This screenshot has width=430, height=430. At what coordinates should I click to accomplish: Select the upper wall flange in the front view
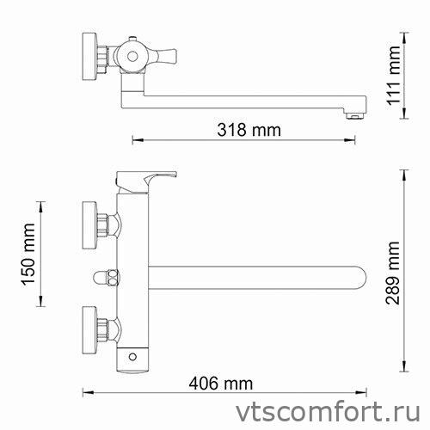click(x=88, y=220)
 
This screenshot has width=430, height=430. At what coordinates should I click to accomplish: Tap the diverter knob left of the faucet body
click(x=106, y=277)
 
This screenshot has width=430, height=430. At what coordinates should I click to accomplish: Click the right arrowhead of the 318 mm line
click(x=353, y=141)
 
